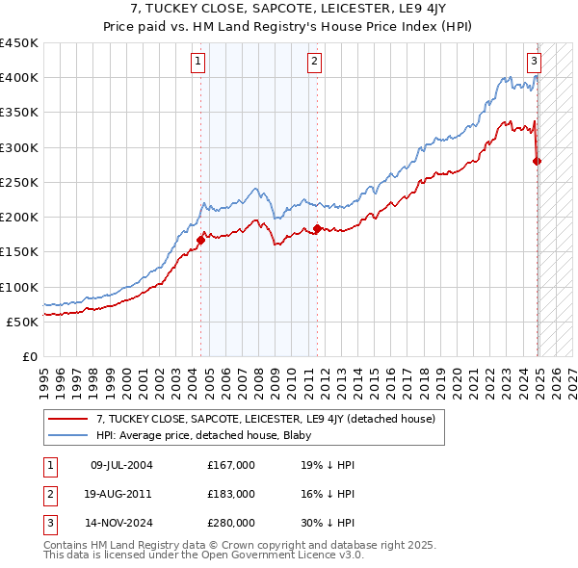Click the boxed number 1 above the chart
(197, 62)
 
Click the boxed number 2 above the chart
(315, 62)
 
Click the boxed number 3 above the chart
(534, 62)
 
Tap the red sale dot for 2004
(200, 240)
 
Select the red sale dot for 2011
(317, 228)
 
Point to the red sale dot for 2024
(537, 161)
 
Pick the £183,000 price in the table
(231, 494)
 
